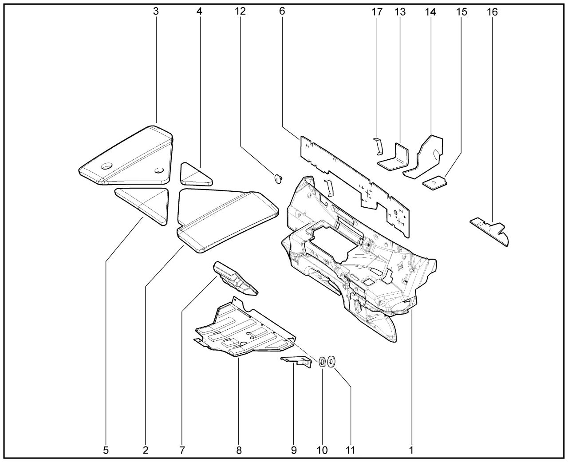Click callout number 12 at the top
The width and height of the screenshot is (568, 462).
point(240,12)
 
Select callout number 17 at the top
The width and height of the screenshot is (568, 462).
point(377,12)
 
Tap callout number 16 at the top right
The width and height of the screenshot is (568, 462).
point(492,12)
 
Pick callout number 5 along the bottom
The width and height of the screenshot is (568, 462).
point(106,450)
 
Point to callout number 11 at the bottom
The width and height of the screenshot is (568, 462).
point(351,450)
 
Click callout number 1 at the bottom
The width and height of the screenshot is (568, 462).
point(411,450)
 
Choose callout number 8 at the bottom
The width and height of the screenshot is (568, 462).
point(239,450)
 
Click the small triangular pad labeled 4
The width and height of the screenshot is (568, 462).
point(195,175)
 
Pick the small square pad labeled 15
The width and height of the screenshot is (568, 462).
point(434,182)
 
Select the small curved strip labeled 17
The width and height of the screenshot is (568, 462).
point(377,146)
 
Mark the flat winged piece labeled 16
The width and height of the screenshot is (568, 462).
point(490,229)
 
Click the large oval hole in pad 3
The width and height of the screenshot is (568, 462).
point(106,166)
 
